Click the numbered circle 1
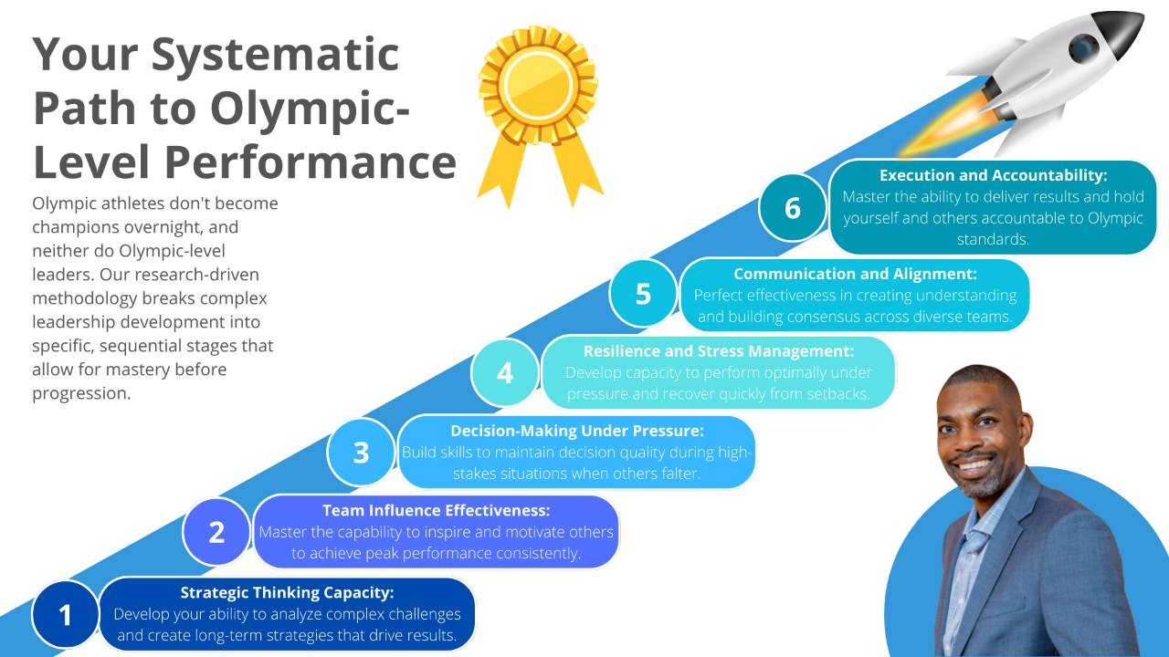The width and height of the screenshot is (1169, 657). point(65,615)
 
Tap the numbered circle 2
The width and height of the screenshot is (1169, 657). point(216,531)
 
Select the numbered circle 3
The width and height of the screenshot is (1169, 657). point(361,452)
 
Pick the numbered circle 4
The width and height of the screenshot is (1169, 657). point(505,372)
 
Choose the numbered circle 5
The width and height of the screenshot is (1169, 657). point(643,293)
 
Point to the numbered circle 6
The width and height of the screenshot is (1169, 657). point(792,208)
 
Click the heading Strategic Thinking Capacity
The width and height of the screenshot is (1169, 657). point(287,593)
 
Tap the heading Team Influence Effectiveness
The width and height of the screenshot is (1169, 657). point(437,510)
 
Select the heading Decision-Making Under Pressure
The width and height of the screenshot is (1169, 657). point(577,431)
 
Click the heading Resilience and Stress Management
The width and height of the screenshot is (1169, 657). point(719,350)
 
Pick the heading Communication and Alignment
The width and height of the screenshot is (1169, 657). point(855,273)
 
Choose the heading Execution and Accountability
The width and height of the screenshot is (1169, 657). point(993,175)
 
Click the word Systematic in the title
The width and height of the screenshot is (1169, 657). point(275,55)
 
